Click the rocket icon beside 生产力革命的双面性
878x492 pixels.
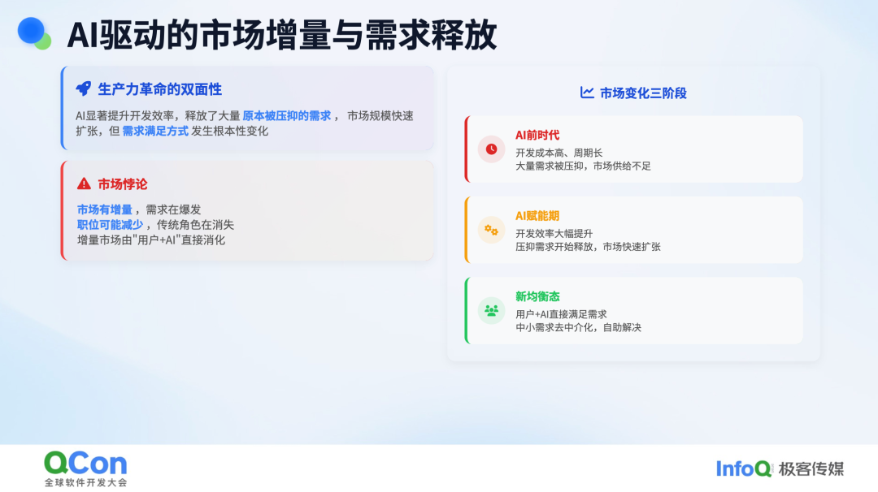tap(84, 88)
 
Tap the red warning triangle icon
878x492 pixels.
tap(84, 183)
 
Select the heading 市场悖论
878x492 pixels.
tap(123, 184)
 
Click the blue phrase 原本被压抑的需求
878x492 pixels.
tap(287, 116)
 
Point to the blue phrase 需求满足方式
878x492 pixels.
tap(155, 131)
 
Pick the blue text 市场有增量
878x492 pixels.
tap(105, 209)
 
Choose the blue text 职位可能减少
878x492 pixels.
tap(111, 225)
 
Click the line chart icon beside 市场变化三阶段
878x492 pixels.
tap(587, 93)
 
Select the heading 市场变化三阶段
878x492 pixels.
tap(643, 93)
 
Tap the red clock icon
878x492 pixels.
tap(491, 149)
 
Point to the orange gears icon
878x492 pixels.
tap(491, 230)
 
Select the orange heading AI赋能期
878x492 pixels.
tap(537, 216)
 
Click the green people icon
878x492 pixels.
tap(491, 310)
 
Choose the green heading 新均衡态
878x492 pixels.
tap(537, 296)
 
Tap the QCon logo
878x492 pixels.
tap(85, 468)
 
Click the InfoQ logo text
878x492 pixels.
tap(744, 468)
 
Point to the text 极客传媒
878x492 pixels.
tap(811, 468)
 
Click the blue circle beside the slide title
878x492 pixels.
tap(31, 31)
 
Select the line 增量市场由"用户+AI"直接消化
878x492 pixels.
tap(151, 240)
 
